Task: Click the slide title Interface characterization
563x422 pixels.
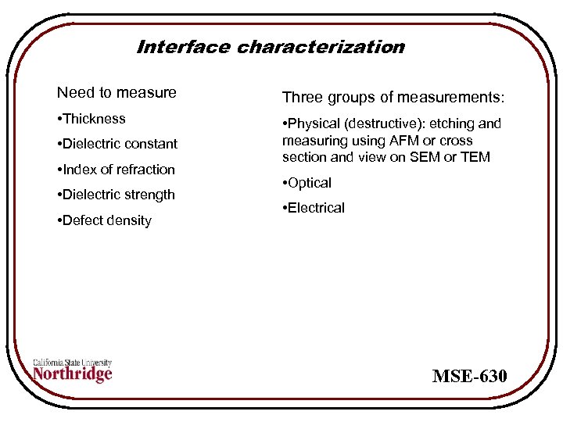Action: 271,47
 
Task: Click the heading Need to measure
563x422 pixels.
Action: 117,93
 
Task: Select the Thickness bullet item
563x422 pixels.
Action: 91,119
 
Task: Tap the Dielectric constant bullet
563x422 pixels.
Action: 117,144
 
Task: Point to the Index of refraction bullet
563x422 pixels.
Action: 116,170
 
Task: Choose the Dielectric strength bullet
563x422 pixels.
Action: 116,195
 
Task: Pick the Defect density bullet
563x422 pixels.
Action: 104,220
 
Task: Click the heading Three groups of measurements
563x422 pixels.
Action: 393,98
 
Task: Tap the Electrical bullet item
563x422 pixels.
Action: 314,208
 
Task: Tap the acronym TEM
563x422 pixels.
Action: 475,157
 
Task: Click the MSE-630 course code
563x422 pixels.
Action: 470,377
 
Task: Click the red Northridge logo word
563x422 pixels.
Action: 73,374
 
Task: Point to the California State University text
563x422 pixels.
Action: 73,363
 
